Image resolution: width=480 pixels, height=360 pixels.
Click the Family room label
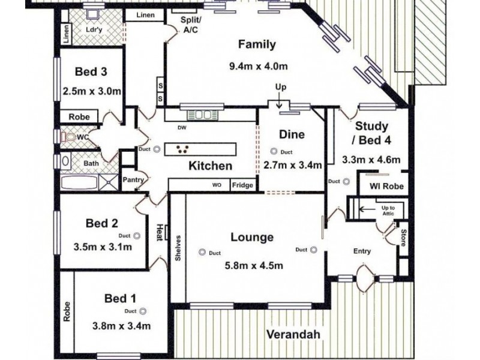(256, 44)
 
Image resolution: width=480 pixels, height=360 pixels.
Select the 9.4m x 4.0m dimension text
(256, 66)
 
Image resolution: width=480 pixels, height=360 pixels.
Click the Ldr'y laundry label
(92, 29)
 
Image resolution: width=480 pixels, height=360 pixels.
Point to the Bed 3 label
(91, 72)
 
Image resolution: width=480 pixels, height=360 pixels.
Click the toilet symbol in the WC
(71, 137)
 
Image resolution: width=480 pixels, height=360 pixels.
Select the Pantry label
(133, 179)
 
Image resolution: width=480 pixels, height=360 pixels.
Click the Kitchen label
(210, 166)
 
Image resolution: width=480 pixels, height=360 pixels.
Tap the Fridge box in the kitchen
(242, 185)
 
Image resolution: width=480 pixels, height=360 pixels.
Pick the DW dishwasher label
(181, 127)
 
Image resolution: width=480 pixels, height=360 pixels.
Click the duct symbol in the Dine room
(274, 152)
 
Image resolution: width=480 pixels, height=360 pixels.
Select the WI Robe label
(386, 187)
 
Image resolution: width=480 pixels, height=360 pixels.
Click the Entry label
(362, 251)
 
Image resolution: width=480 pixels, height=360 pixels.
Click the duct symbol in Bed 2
(137, 235)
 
